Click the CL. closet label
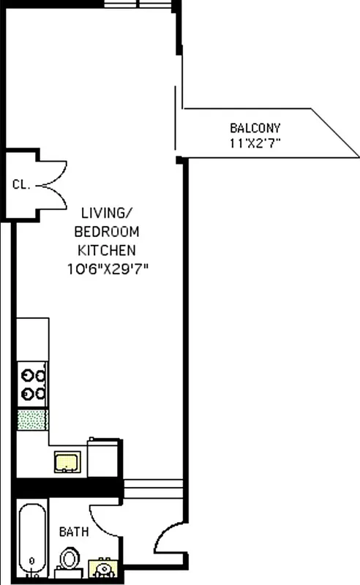click(21, 184)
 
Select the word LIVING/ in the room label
click(107, 214)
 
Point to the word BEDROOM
click(107, 232)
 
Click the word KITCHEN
click(107, 250)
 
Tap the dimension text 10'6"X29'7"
click(107, 268)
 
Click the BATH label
click(74, 532)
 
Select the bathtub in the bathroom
click(31, 537)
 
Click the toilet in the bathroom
click(70, 559)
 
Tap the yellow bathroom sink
click(103, 567)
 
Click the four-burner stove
click(32, 385)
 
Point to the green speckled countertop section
click(32, 420)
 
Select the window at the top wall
click(138, 4)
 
